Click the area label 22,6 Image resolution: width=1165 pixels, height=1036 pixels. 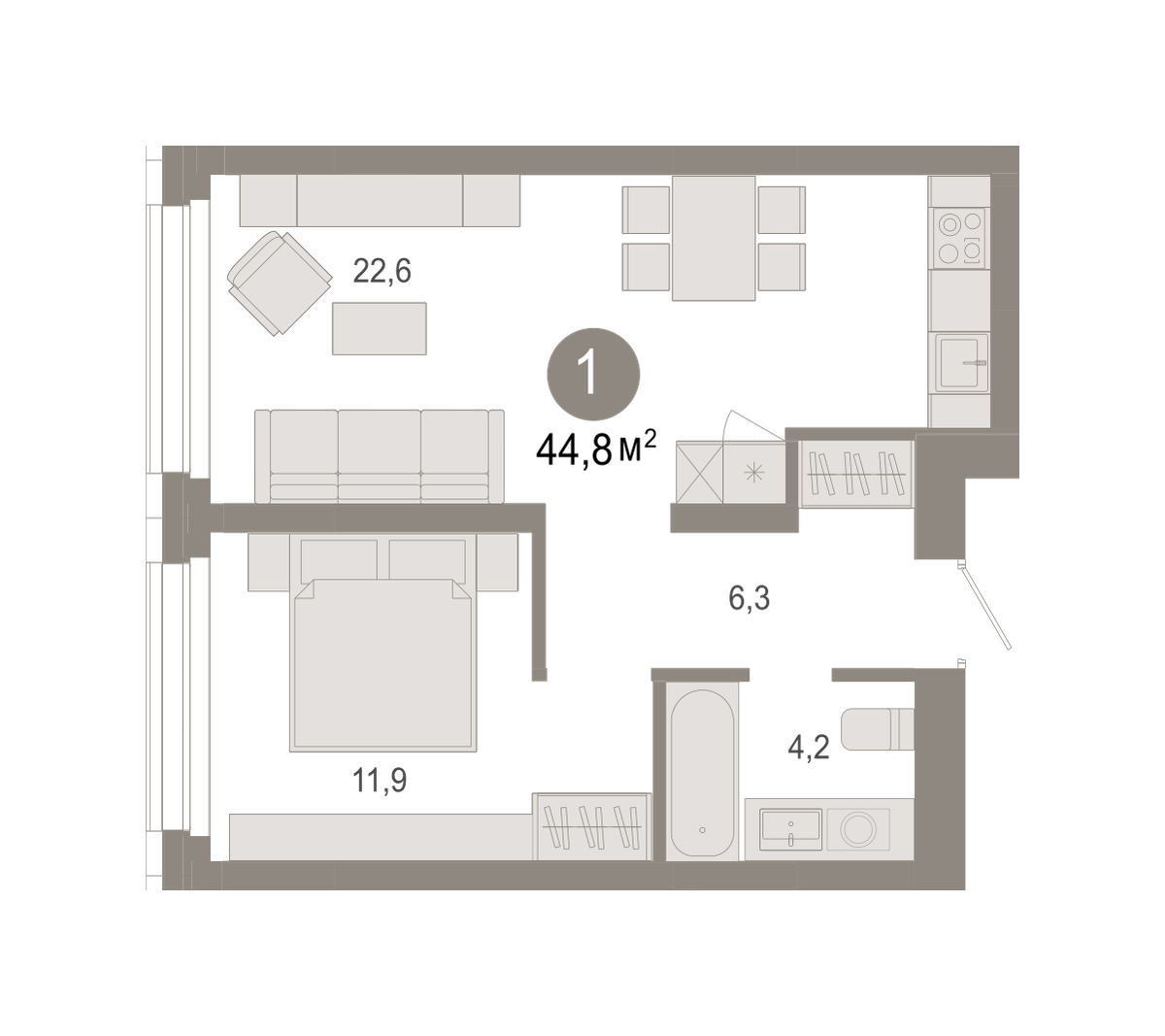[x=382, y=272]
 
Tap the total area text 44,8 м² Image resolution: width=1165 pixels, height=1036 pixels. [x=596, y=449]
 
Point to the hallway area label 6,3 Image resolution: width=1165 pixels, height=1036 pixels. [x=749, y=598]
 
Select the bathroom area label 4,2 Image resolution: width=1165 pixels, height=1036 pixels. [x=808, y=748]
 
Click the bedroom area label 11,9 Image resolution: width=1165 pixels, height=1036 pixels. [x=379, y=781]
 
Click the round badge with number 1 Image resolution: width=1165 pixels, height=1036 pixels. [x=593, y=374]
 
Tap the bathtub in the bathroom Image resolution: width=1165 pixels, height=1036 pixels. [x=702, y=774]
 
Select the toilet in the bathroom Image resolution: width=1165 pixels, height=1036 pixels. [x=877, y=729]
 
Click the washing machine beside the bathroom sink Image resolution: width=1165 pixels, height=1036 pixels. [x=858, y=829]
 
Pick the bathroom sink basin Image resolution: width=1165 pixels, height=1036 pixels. [x=790, y=829]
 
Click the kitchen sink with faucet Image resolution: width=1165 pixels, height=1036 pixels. [x=961, y=363]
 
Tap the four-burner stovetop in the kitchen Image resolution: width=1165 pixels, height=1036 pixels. [x=959, y=238]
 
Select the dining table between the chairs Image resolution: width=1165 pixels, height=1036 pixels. [x=714, y=238]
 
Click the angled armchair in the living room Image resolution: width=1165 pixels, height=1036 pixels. [x=280, y=283]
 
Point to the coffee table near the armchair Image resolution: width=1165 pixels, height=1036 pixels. [x=380, y=328]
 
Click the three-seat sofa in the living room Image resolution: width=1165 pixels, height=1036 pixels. [x=380, y=456]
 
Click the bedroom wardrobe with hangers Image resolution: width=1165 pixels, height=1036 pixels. [x=592, y=826]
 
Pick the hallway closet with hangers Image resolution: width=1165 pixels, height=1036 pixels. [x=857, y=474]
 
